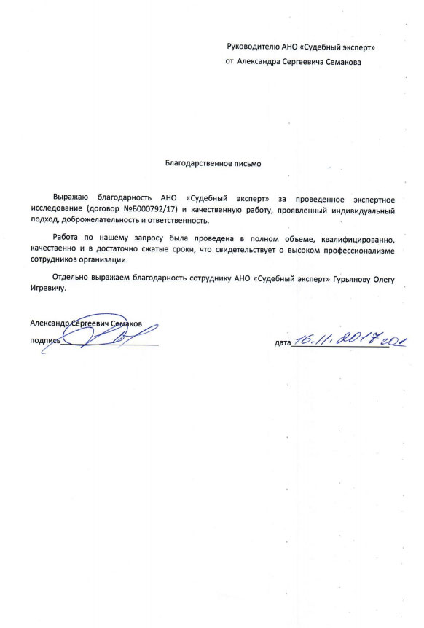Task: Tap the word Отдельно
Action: click(71, 278)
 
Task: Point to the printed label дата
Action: click(283, 342)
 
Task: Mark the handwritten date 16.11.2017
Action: click(339, 338)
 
